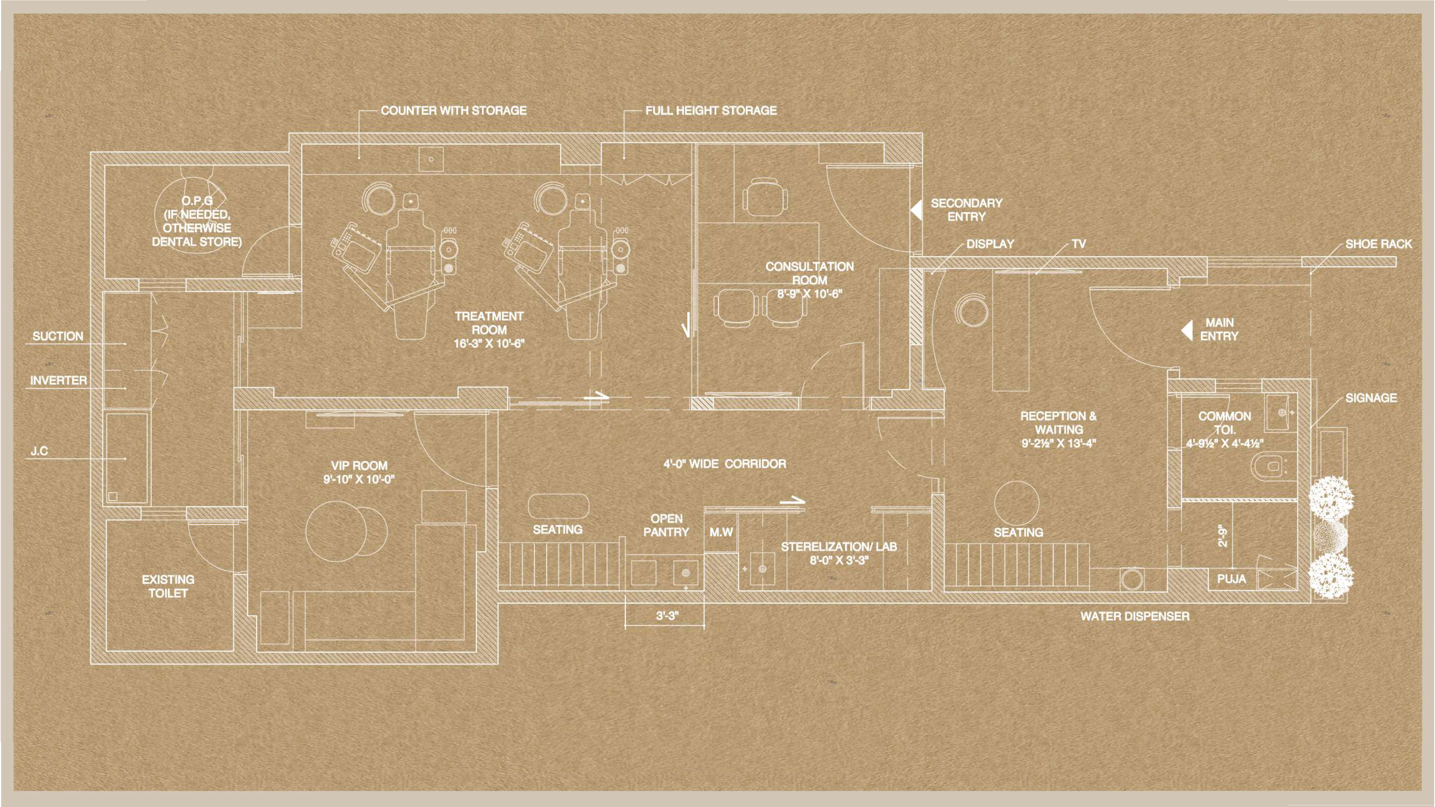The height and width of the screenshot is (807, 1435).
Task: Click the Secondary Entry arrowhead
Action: pyautogui.click(x=916, y=210)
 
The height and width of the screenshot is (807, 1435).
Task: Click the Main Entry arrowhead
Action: pyautogui.click(x=1187, y=330)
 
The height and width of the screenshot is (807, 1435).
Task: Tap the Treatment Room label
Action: pyautogui.click(x=489, y=330)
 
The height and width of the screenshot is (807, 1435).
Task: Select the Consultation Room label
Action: pyautogui.click(x=810, y=280)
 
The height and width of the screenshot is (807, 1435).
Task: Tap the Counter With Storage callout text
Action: pyautogui.click(x=454, y=111)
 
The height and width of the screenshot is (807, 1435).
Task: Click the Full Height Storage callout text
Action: pyautogui.click(x=711, y=111)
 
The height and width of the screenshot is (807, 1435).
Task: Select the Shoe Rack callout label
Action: pyautogui.click(x=1379, y=244)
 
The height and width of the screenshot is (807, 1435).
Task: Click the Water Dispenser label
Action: pyautogui.click(x=1135, y=616)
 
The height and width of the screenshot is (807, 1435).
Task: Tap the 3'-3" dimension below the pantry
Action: pyautogui.click(x=667, y=616)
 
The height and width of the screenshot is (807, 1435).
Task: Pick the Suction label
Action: pyautogui.click(x=58, y=336)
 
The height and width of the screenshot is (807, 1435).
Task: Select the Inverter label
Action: pyautogui.click(x=58, y=380)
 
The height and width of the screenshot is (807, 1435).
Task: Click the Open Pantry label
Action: pyautogui.click(x=666, y=525)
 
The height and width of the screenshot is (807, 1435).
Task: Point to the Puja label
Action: pyautogui.click(x=1232, y=579)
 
